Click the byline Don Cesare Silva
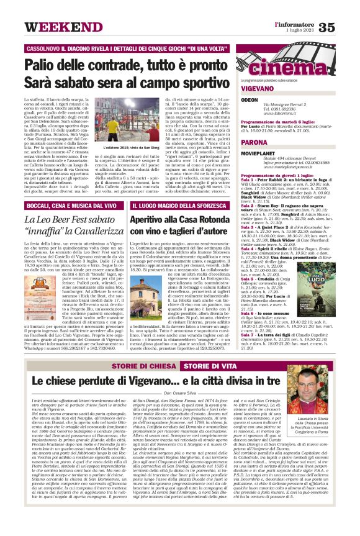(x=179, y=393)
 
